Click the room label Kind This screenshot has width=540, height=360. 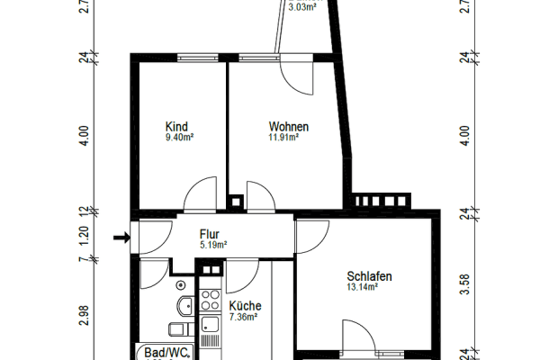coord(175,127)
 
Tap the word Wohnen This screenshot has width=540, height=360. coord(288,127)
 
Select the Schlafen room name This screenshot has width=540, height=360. coord(370,276)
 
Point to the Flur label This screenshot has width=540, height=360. coord(209,233)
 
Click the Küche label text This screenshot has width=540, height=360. coord(244,305)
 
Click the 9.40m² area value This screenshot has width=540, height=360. coord(180,139)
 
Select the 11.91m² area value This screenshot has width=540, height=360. coord(284,139)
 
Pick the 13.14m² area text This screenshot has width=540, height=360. coord(362,288)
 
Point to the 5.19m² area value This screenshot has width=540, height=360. coord(213,244)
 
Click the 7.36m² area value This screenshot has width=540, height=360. coord(244,317)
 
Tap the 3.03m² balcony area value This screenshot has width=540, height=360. coord(301,6)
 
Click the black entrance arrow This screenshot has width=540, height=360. coord(121,238)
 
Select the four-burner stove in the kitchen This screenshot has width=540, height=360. coord(210,297)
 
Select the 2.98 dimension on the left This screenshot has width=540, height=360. coord(83,315)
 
